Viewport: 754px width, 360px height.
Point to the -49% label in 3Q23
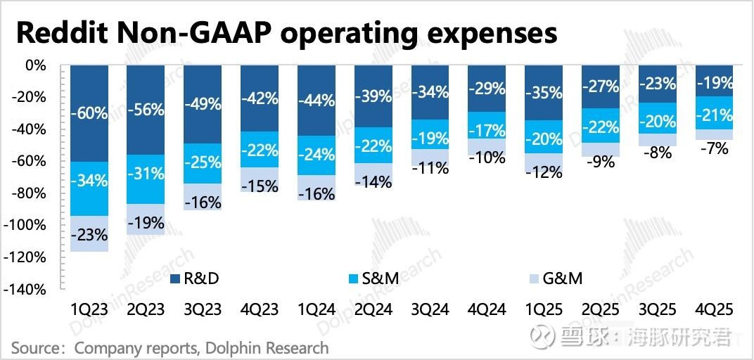tap(203, 104)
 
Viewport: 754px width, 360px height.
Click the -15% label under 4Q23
tap(260, 186)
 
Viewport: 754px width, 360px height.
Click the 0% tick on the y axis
tap(35, 65)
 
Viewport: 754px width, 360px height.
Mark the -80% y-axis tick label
tap(29, 193)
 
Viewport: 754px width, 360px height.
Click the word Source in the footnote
tap(34, 347)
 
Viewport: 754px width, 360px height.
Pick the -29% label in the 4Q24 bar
tap(487, 89)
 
